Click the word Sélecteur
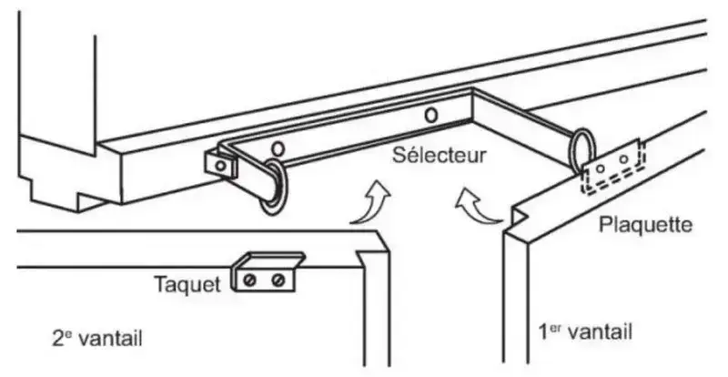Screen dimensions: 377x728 439,154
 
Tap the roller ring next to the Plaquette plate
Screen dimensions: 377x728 582,150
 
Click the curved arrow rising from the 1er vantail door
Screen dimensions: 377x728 480,208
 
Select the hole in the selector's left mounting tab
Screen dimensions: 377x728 218,165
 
